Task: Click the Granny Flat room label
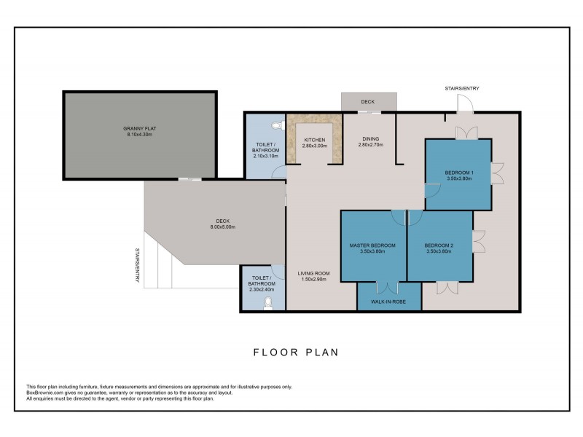pos(140,129)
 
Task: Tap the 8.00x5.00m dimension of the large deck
pos(223,227)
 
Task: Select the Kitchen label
pos(315,140)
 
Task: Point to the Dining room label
pos(370,138)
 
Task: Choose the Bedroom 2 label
pos(439,245)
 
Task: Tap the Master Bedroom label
pos(372,245)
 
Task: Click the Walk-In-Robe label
pos(388,302)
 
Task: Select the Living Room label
pos(313,273)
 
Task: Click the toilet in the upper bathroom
pos(278,125)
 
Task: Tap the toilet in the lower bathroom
pos(267,304)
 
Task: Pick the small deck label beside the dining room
pos(368,101)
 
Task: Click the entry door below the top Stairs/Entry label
pos(465,103)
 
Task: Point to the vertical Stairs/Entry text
pos(137,265)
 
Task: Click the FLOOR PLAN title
pos(296,353)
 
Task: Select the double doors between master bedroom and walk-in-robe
pos(387,288)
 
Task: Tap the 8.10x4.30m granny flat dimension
pos(140,135)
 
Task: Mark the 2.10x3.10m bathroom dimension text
pos(265,156)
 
